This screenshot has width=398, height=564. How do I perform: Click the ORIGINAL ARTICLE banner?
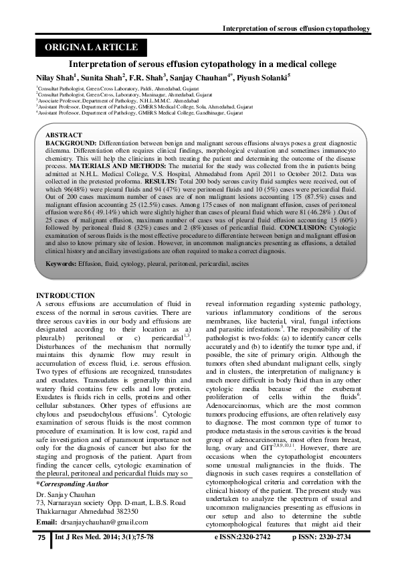(x=91, y=48)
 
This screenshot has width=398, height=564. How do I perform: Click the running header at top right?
(x=296, y=29)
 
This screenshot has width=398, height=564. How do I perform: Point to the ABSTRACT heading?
(x=64, y=135)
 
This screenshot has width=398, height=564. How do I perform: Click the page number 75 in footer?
(x=41, y=538)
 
